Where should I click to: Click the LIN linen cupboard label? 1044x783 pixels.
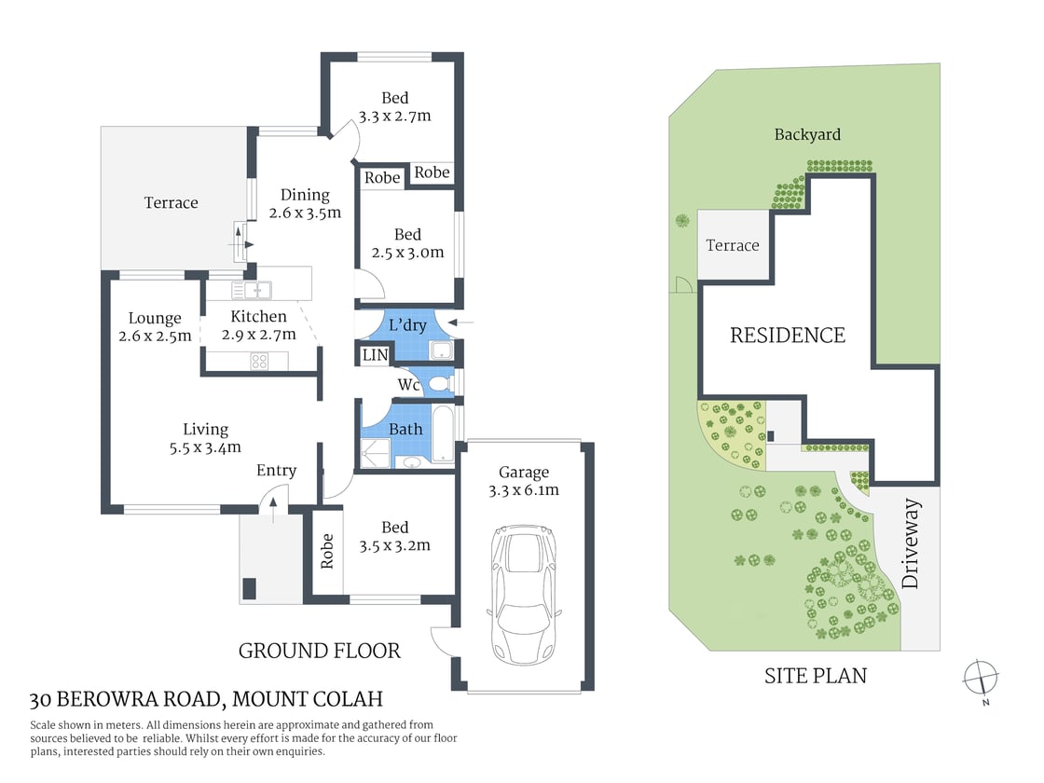[375, 355]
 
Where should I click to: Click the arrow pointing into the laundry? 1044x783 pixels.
[460, 323]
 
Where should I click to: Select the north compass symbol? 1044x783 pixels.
[982, 676]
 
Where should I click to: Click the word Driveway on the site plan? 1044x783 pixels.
[911, 556]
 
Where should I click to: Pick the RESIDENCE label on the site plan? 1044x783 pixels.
[787, 335]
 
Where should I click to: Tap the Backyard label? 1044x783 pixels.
[807, 134]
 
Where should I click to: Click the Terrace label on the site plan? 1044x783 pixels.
[732, 245]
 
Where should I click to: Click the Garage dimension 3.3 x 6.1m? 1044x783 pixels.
[523, 490]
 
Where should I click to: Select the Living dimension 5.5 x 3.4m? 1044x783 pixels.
[205, 446]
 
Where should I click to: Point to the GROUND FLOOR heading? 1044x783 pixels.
[320, 651]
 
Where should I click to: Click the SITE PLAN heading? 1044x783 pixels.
[815, 675]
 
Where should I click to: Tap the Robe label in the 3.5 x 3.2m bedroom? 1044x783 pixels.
[327, 551]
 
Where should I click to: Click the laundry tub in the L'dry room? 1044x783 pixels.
[441, 350]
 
